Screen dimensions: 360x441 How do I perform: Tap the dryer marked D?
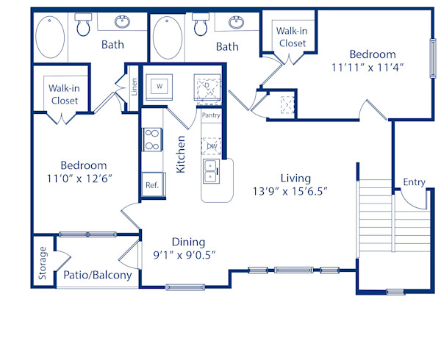coord(207,85)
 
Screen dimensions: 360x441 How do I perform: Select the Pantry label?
coord(211,115)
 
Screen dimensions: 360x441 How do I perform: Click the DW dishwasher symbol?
coord(212,145)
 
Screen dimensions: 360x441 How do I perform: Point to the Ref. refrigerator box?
coord(152,185)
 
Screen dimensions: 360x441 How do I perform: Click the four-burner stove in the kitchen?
coord(151,140)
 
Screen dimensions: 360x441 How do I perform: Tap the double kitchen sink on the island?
coord(211,171)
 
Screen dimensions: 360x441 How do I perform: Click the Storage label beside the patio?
coord(43,264)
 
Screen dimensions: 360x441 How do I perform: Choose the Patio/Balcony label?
coord(97,276)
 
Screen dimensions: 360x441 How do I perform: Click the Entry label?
coord(414,182)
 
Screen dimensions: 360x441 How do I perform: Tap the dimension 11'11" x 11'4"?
coord(372,67)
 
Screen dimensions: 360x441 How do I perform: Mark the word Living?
coord(295,178)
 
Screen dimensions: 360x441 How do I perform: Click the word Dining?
coord(188,242)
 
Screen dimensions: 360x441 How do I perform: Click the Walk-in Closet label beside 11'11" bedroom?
coord(292,37)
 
